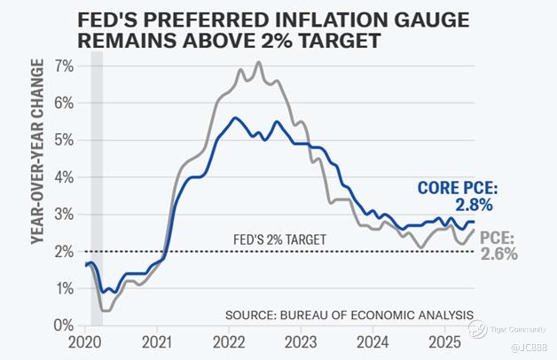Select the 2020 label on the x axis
point(85,342)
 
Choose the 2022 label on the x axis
point(229,342)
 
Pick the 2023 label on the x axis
point(301,342)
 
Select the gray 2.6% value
point(499,254)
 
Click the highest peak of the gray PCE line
point(258,62)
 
